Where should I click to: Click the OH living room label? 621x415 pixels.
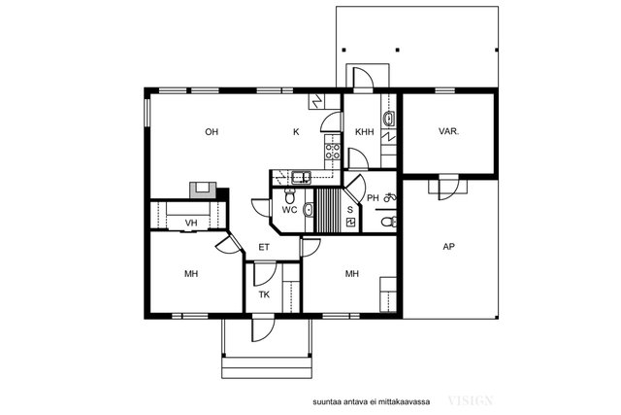212,132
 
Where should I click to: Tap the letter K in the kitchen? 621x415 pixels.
296,132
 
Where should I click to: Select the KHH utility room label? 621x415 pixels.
364,132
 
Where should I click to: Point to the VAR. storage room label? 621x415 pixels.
448,131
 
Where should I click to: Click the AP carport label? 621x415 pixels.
448,247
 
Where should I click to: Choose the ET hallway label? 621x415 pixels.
264,247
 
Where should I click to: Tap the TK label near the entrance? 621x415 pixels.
264,294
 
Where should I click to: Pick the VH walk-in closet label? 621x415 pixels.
191,223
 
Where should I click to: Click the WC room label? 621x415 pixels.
289,210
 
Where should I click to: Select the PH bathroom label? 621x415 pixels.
373,197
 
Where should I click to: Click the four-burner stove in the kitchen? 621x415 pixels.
332,152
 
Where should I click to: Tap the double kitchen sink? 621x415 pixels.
302,177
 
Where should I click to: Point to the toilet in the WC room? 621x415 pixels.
290,194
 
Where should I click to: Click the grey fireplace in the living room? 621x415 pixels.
203,190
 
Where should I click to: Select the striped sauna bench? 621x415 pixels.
327,210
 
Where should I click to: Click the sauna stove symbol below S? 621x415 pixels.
350,222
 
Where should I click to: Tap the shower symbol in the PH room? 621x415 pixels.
390,196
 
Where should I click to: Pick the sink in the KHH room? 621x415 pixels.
388,119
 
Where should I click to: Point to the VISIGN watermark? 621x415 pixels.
471,400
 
